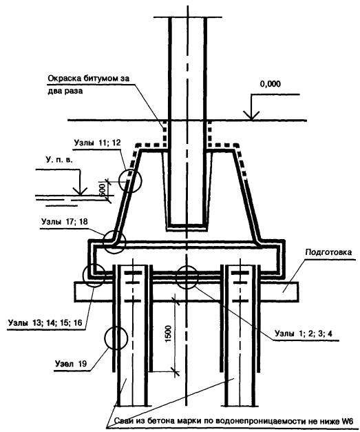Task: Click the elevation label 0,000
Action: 271,84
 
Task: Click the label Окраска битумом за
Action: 89,79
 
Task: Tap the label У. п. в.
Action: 59,160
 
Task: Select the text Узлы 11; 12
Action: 98,143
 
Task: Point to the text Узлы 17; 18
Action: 65,221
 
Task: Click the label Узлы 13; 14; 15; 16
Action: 45,322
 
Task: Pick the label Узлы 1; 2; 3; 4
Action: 304,333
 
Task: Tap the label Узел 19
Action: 71,364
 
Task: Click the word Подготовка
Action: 328,252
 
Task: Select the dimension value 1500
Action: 168,333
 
